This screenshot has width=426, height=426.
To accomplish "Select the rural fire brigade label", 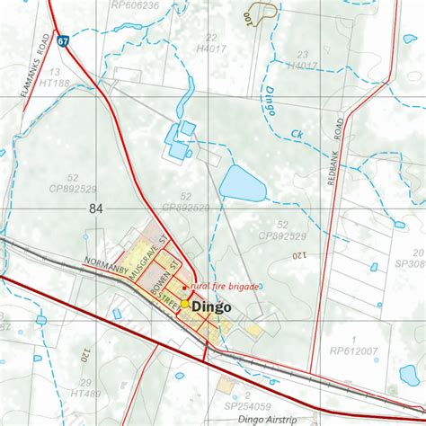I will [224, 287].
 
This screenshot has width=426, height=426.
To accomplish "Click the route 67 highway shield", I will [62, 41].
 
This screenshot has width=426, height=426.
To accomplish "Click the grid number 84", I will [96, 209].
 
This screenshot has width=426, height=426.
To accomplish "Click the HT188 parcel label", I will [55, 83].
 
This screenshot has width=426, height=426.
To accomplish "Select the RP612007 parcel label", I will [355, 351].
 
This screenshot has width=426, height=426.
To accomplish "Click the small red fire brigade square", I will [185, 288].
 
